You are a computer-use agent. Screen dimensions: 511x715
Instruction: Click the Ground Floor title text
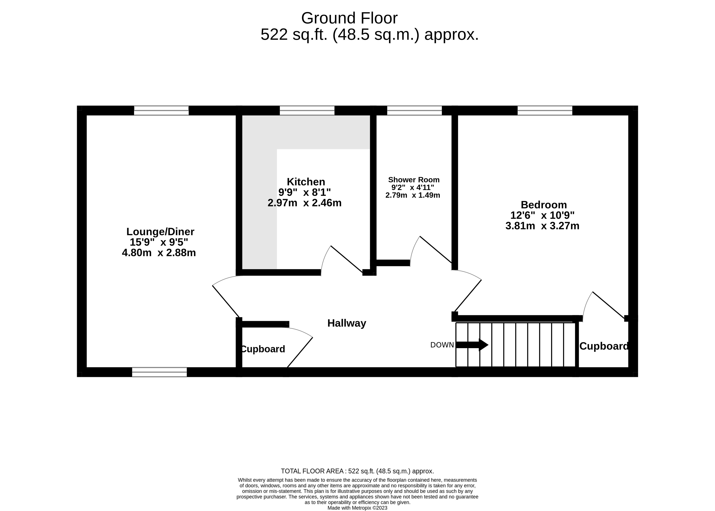pyautogui.click(x=349, y=18)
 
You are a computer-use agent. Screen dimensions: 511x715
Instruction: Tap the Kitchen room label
pyautogui.click(x=306, y=182)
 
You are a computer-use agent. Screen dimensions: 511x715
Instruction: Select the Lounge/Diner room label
pyautogui.click(x=160, y=232)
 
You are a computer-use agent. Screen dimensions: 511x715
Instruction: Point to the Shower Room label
pyautogui.click(x=413, y=180)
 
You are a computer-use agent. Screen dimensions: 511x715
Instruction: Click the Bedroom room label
pyautogui.click(x=544, y=205)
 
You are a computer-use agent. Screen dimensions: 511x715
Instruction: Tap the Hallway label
pyautogui.click(x=346, y=323)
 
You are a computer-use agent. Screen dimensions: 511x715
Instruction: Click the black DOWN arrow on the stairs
pyautogui.click(x=472, y=345)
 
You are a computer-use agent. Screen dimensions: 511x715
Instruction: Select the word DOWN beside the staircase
pyautogui.click(x=442, y=345)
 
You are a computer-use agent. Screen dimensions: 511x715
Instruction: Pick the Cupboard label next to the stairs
pyautogui.click(x=604, y=346)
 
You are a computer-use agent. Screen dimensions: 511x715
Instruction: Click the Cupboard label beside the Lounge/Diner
pyautogui.click(x=263, y=349)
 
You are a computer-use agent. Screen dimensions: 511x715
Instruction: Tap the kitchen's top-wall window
pyautogui.click(x=307, y=110)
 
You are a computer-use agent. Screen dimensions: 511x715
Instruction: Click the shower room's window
pyautogui.click(x=414, y=110)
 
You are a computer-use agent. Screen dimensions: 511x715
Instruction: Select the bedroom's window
pyautogui.click(x=545, y=110)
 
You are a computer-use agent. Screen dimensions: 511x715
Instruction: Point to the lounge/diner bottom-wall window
pyautogui.click(x=159, y=372)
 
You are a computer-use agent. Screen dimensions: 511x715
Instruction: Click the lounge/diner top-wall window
pyautogui.click(x=161, y=110)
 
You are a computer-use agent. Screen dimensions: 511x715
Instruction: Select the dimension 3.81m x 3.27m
pyautogui.click(x=542, y=226)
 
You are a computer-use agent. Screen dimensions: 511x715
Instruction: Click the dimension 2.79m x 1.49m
pyautogui.click(x=413, y=195)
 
